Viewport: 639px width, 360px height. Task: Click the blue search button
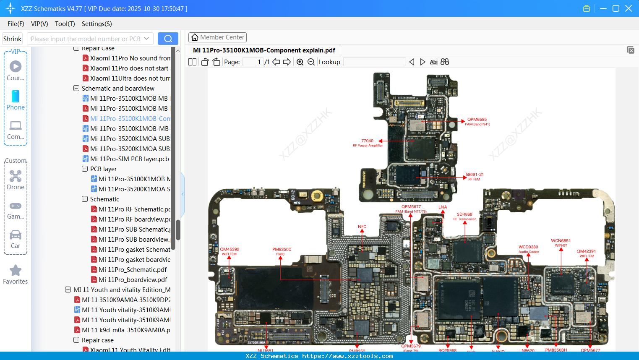[168, 39]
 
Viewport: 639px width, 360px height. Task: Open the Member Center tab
[217, 37]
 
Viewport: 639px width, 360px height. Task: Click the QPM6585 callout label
[477, 121]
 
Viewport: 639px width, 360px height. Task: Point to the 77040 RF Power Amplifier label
[368, 143]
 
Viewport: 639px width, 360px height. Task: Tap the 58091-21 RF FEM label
[475, 176]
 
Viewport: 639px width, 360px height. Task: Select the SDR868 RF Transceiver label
[464, 216]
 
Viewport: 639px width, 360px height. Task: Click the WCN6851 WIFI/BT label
[561, 243]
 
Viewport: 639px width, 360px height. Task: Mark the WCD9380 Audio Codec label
[528, 249]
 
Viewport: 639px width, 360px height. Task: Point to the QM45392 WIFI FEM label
[230, 251]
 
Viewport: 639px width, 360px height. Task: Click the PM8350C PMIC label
[282, 251]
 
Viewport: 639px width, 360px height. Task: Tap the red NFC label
[362, 227]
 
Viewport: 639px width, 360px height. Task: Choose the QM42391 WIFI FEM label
[586, 253]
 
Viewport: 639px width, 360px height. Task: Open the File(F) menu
[16, 24]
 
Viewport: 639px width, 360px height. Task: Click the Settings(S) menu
[97, 24]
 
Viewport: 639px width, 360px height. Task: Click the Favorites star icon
[16, 271]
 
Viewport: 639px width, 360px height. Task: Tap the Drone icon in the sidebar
[16, 176]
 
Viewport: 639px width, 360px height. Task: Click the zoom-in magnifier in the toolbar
[300, 62]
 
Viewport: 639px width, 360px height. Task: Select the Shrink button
[12, 39]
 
